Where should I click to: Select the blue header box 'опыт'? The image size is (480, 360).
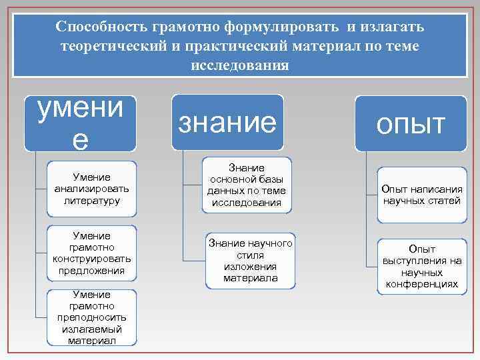coord(410,123)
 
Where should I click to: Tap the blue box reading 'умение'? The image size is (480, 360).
coord(80,122)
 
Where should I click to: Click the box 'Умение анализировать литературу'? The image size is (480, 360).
coord(93,189)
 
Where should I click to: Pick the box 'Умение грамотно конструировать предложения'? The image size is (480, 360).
coord(93,253)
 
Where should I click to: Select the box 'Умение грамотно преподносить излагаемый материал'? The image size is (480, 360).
coord(93,317)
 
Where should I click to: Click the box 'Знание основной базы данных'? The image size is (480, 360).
coord(247,185)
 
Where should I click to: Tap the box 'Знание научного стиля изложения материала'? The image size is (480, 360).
coord(250,261)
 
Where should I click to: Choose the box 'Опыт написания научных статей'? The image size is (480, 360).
coord(421,195)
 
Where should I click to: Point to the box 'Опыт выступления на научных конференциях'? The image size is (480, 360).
coord(422,266)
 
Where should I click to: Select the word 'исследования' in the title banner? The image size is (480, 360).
coord(240,65)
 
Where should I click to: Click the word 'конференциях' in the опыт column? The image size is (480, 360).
coord(422,284)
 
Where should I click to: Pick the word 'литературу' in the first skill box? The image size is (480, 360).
coord(93,200)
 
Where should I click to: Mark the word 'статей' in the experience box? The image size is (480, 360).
coord(445,200)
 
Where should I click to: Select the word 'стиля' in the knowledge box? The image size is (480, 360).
coord(250,255)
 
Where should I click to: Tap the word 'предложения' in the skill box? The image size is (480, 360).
coord(93,270)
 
